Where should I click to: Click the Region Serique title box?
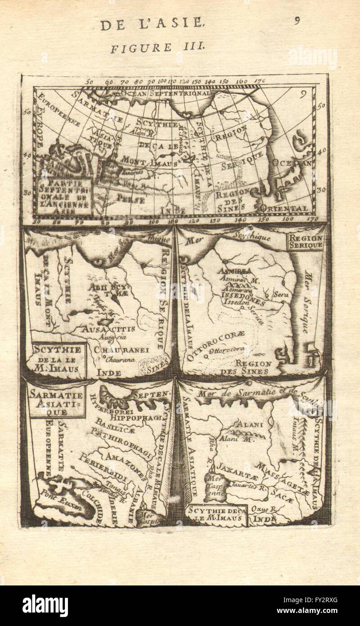point(306,241)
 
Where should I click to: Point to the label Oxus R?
point(263,509)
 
